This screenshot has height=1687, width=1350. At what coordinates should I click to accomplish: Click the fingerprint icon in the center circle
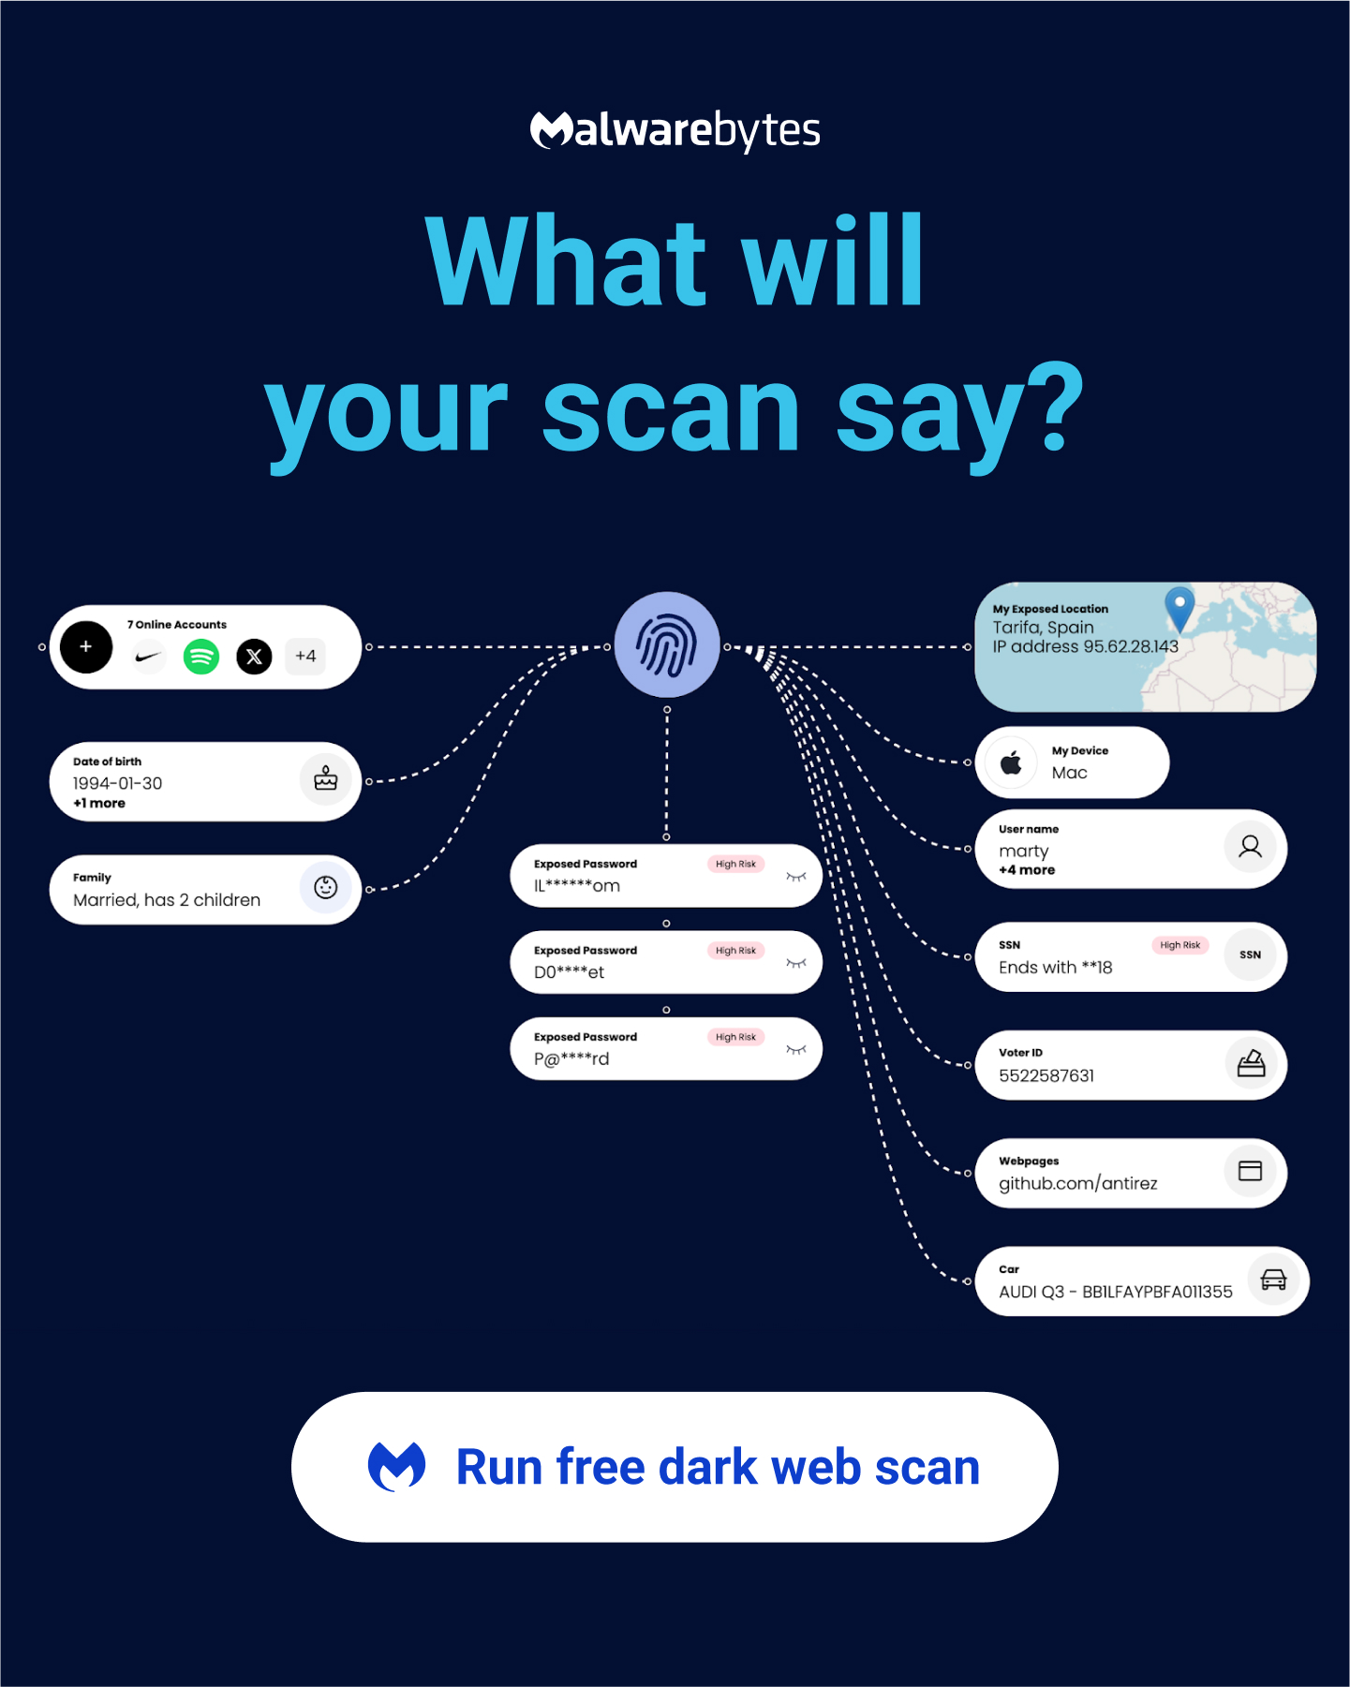coord(667,644)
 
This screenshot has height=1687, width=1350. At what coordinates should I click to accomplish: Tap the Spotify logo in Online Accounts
coord(201,657)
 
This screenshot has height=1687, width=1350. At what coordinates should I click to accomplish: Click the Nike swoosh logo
coord(148,657)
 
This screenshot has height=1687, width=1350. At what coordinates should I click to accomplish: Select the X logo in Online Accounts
coord(254,657)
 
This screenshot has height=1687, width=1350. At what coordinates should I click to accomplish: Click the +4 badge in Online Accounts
coord(305,656)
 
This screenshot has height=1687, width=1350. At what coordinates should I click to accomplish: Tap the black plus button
coord(86,647)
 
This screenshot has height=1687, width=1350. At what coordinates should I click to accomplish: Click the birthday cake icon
coord(326,778)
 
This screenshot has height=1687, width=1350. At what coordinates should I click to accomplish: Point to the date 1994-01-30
coord(118,783)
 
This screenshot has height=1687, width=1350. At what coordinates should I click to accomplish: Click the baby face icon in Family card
coord(326,887)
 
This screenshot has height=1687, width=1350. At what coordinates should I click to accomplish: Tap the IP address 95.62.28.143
coord(1086,646)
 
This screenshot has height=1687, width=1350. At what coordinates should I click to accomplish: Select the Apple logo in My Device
coord(1011,762)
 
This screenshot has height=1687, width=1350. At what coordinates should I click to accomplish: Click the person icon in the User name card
coord(1251,847)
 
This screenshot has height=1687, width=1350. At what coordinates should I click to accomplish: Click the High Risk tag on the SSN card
coord(1180,945)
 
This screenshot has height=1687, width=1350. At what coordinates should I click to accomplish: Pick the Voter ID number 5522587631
coord(1046,1075)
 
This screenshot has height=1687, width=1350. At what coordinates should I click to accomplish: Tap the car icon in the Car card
coord(1273,1280)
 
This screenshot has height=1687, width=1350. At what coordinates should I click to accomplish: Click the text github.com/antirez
coord(1078,1183)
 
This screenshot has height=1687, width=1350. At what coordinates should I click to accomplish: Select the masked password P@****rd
coord(571,1058)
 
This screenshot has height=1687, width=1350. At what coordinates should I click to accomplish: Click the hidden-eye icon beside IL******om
coord(796,877)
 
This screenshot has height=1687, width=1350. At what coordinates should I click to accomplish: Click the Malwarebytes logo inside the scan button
coord(396,1467)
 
